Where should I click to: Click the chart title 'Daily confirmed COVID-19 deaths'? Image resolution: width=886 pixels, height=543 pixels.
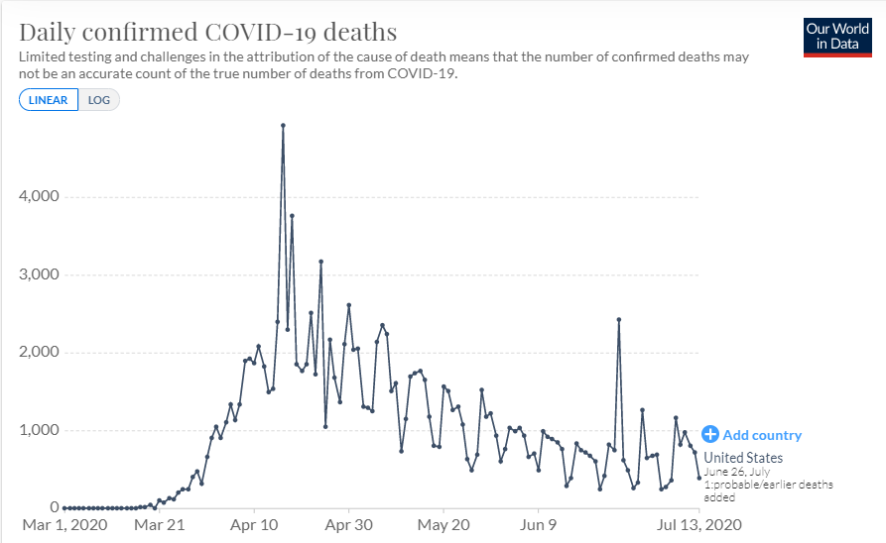click(x=207, y=31)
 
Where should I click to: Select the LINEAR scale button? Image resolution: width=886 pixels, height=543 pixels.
click(x=49, y=100)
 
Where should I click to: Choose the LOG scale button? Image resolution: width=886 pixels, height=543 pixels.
click(x=99, y=100)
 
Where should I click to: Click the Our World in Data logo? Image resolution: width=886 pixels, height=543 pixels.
click(x=837, y=37)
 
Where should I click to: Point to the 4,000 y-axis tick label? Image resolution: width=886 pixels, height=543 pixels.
click(x=39, y=196)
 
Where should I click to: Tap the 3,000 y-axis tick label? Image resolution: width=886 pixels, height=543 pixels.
click(x=39, y=274)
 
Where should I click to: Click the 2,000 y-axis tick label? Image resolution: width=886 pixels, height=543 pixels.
click(x=39, y=353)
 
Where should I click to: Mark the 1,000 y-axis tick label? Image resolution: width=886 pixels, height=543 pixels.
click(x=39, y=430)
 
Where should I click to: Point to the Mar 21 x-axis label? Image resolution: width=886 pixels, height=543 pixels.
click(x=160, y=525)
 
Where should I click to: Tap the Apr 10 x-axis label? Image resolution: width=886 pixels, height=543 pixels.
click(x=255, y=525)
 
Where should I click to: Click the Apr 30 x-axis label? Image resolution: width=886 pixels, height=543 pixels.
click(x=349, y=525)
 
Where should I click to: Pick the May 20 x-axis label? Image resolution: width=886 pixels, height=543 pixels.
click(x=443, y=525)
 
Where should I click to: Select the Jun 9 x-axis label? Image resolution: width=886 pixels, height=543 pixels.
click(x=540, y=525)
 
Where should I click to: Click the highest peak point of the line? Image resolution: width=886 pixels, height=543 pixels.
click(x=283, y=125)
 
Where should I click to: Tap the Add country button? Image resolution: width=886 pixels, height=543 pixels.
click(x=752, y=435)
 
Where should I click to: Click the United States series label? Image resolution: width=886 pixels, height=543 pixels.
click(x=743, y=458)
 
